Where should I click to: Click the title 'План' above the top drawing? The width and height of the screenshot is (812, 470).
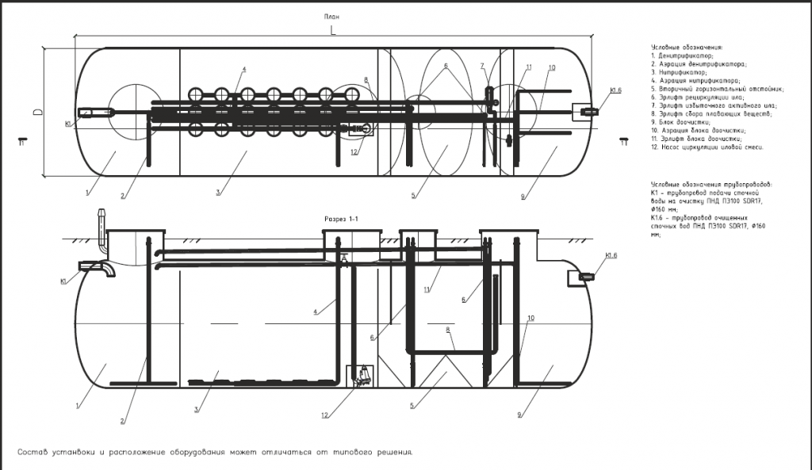[x=332, y=17]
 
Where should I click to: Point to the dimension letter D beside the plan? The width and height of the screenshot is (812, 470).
[x=37, y=112]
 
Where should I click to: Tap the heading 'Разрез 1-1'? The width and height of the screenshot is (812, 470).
[x=343, y=218]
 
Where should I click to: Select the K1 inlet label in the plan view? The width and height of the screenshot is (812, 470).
[x=69, y=124]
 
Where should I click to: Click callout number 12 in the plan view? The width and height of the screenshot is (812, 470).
[x=354, y=152]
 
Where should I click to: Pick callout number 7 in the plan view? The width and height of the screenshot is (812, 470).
[x=481, y=65]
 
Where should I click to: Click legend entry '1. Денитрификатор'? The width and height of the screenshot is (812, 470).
[x=683, y=56]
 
